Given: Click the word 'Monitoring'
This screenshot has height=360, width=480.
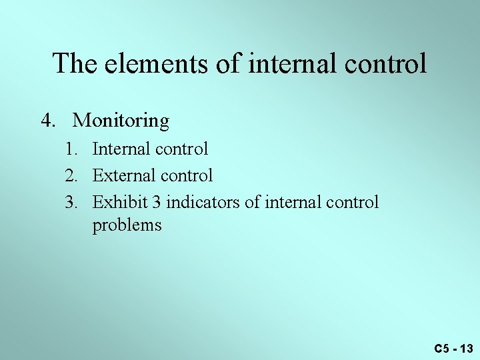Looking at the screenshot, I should tap(121, 121).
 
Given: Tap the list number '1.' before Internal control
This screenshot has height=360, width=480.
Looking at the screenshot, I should tap(72, 149).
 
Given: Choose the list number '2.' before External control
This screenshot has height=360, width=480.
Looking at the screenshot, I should tap(72, 175).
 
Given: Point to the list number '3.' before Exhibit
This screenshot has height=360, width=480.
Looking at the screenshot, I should tap(72, 202).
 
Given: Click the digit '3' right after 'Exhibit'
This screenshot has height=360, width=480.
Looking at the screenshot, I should tap(153, 202).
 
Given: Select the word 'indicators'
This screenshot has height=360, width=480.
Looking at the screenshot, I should tap(201, 202).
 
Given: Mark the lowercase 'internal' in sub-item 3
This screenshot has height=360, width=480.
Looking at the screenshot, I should tap(291, 202).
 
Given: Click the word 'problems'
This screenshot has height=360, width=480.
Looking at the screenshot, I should tap(127, 225).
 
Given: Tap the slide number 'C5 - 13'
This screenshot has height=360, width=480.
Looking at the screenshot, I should tap(453, 348).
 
